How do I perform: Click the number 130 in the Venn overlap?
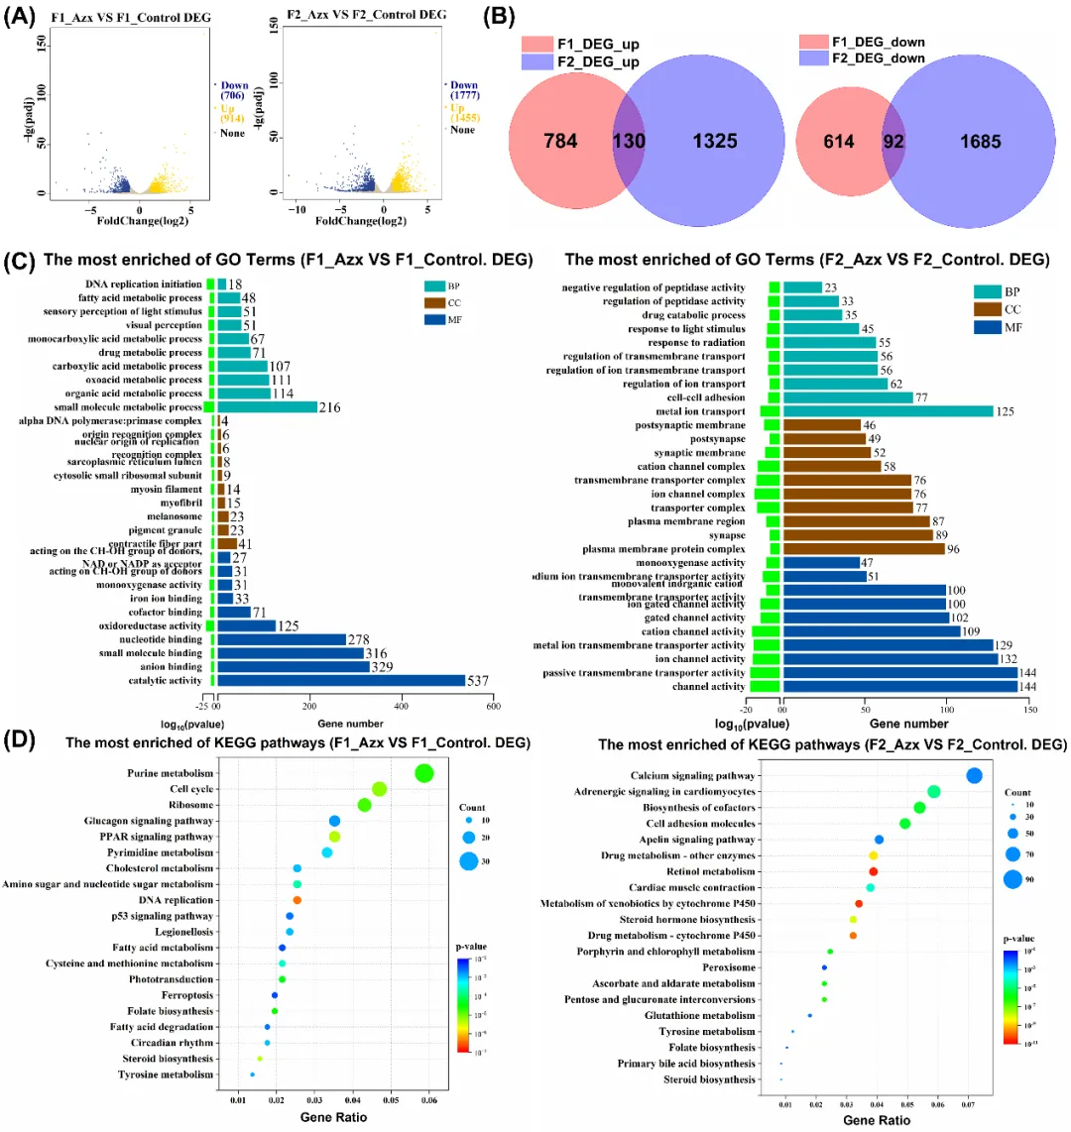628,141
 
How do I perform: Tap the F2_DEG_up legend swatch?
536,62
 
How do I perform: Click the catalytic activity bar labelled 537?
341,680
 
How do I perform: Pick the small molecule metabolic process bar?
267,407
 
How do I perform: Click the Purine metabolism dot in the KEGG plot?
424,773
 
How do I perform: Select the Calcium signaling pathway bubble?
974,776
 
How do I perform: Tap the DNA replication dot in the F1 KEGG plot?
297,900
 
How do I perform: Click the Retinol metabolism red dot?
874,871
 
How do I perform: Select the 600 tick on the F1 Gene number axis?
493,706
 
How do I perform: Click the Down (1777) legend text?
464,90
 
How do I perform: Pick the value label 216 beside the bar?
330,407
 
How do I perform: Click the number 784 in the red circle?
560,141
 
